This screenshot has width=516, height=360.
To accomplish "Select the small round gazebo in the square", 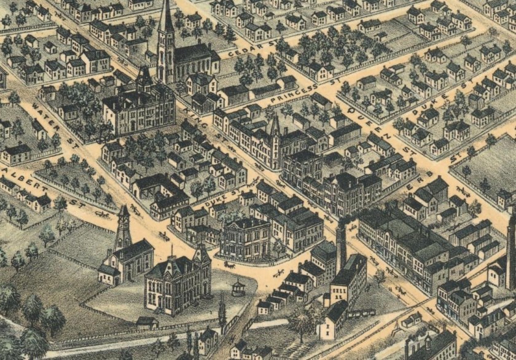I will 238,287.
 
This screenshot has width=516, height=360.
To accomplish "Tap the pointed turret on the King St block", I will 275,128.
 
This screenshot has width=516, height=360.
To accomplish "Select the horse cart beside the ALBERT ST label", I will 102,214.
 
